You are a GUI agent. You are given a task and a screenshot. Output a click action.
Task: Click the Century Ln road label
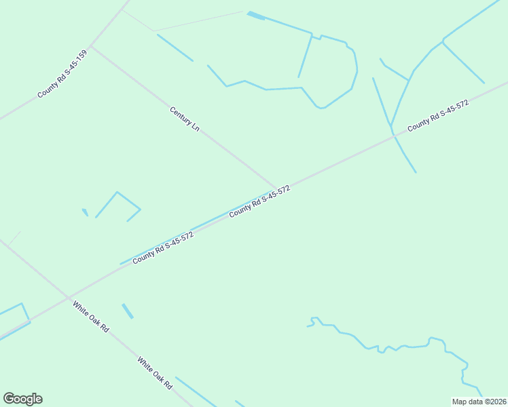pyautogui.click(x=185, y=119)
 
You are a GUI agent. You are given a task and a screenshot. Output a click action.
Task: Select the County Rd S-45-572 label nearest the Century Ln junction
pyautogui.click(x=260, y=201)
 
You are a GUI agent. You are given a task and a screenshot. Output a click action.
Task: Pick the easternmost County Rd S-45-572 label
pyautogui.click(x=438, y=116)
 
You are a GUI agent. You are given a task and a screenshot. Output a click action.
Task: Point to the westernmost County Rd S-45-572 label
pyautogui.click(x=164, y=248)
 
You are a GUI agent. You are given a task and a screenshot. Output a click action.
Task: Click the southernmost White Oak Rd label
pyautogui.click(x=155, y=373)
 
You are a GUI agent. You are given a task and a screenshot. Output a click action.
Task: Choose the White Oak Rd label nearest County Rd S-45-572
pyautogui.click(x=91, y=316)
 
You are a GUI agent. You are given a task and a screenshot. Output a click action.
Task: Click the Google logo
pyautogui.click(x=22, y=399)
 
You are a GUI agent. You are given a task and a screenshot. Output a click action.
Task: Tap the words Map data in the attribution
pyautogui.click(x=468, y=402)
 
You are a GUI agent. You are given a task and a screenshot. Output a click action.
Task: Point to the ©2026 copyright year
pyautogui.click(x=495, y=402)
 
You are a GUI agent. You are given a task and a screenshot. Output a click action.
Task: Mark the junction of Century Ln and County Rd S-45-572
pyautogui.click(x=277, y=189)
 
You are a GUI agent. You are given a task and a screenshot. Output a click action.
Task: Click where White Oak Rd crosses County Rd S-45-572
pyautogui.click(x=68, y=297)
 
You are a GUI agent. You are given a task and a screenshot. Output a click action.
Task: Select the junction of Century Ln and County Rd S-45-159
pyautogui.click(x=92, y=47)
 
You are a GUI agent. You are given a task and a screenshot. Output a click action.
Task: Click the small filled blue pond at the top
pyautogui.click(x=256, y=15)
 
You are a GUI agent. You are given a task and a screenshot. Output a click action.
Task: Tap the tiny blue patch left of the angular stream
pyautogui.click(x=85, y=212)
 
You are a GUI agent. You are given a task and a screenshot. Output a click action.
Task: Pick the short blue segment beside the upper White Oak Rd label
pyautogui.click(x=127, y=311)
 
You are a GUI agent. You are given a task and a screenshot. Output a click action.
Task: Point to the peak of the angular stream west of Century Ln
pyautogui.click(x=117, y=192)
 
